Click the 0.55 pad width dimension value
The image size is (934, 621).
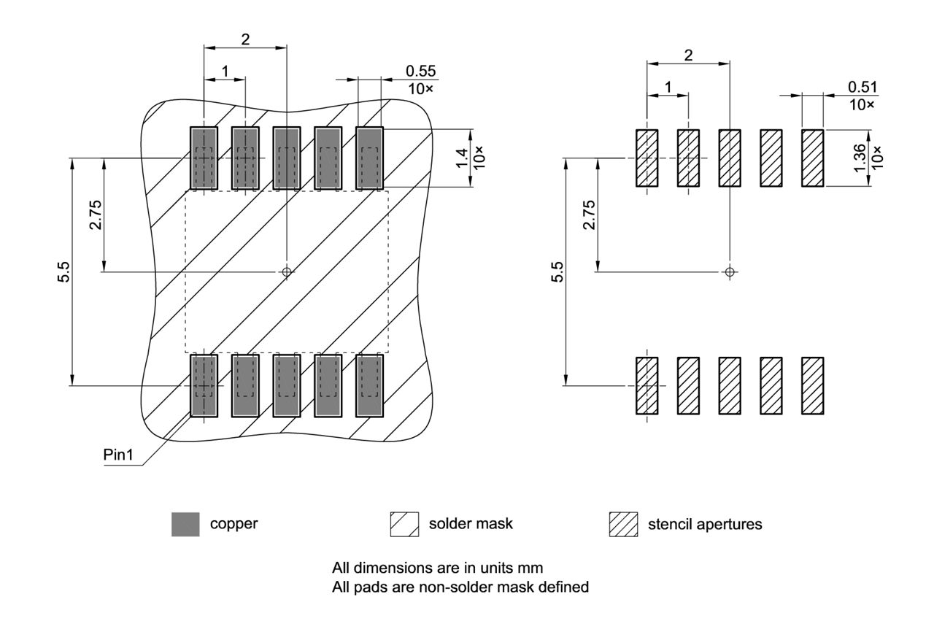click(421, 71)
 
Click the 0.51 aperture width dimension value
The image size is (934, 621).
click(863, 87)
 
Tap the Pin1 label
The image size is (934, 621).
click(117, 453)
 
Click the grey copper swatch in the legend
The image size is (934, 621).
click(185, 524)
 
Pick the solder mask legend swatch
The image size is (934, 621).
click(404, 524)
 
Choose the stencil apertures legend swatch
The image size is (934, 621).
click(623, 524)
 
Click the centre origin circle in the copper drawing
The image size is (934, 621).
click(287, 271)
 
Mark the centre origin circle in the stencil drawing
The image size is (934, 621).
click(729, 271)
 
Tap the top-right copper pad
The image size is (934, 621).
click(370, 158)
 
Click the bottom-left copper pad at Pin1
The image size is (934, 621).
click(204, 385)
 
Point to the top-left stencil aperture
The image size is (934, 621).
click(647, 158)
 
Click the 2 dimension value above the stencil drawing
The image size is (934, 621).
click(688, 55)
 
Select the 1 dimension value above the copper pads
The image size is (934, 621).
click(225, 71)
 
